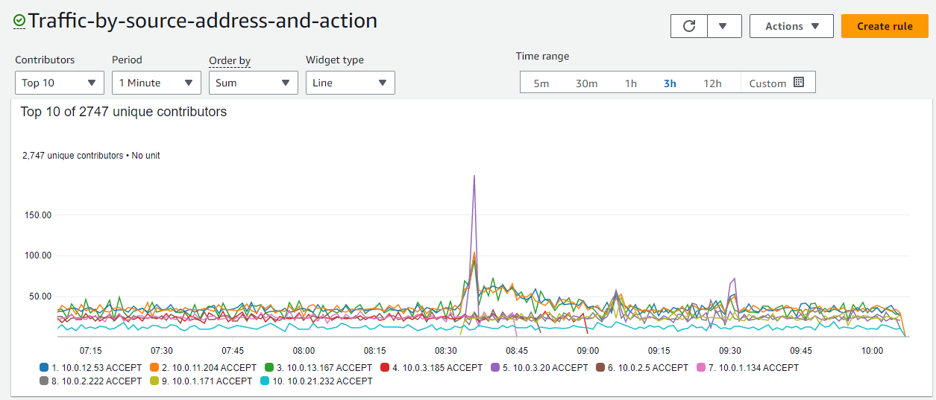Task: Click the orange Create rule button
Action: pos(885,26)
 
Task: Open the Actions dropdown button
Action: pos(791,26)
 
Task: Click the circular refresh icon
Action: pos(689,26)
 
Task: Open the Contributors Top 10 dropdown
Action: pos(60,83)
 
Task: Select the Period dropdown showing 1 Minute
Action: pos(157,83)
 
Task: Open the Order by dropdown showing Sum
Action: pos(253,83)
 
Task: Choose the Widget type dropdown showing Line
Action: pos(350,83)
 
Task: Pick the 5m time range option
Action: pos(541,83)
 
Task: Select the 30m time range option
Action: pos(586,83)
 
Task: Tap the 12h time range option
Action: pos(712,83)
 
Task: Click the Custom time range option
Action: pos(776,83)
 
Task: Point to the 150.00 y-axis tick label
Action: pos(37,215)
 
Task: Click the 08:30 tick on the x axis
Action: pos(446,350)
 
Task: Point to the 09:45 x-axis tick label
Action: pos(801,350)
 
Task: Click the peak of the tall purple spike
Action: pos(474,176)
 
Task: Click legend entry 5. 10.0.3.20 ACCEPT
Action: pos(541,367)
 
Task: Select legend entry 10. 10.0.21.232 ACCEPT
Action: pos(316,381)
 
